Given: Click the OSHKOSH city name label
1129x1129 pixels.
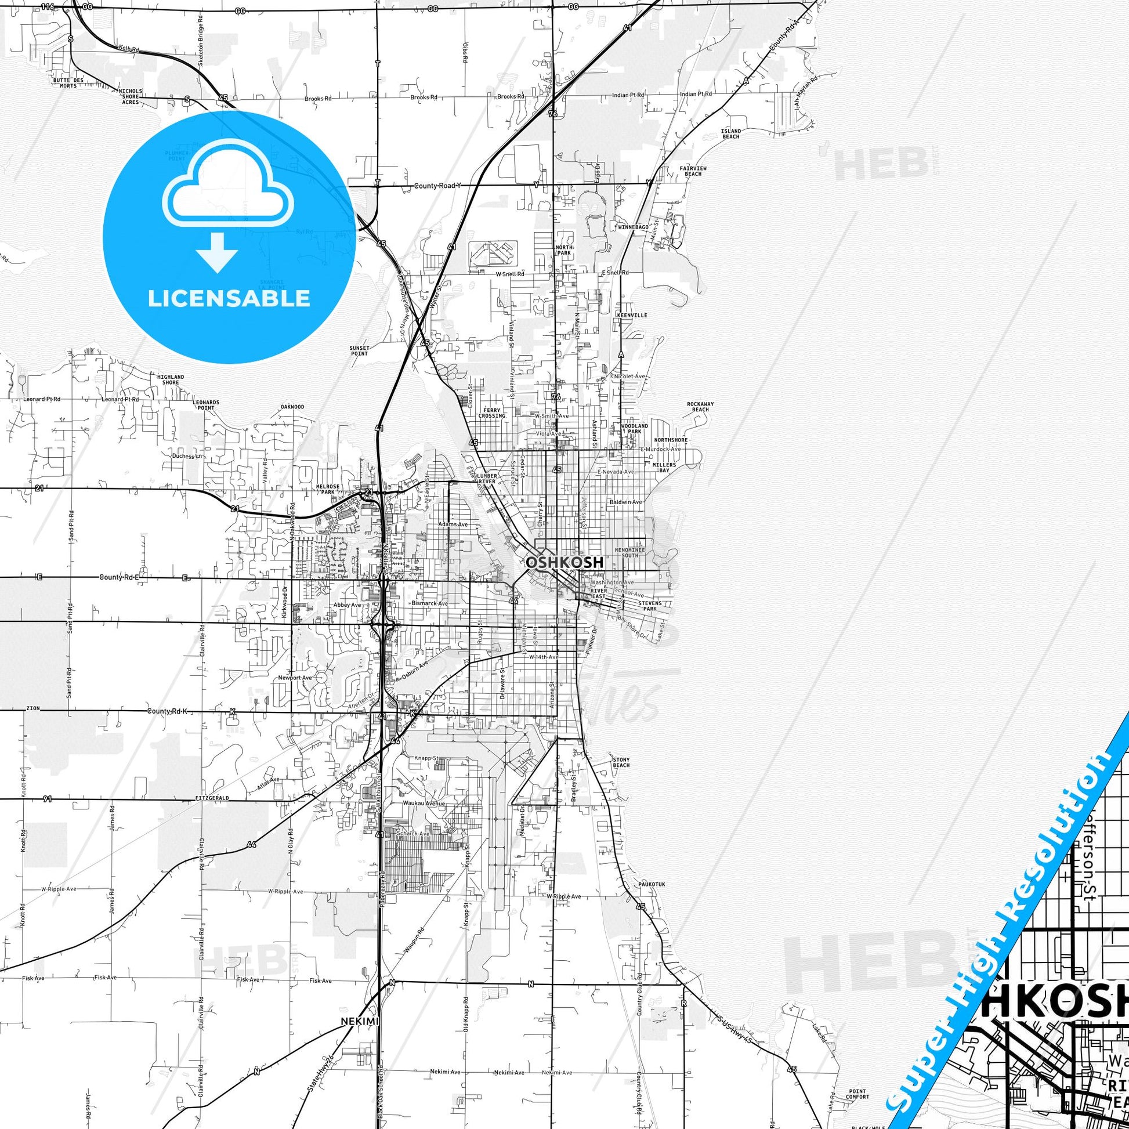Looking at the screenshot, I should click(x=556, y=562).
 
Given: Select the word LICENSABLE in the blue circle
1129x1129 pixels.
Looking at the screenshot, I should click(x=229, y=299).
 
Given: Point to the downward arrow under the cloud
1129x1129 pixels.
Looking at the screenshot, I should click(x=217, y=252).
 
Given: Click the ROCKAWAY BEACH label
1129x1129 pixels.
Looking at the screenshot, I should click(x=700, y=407).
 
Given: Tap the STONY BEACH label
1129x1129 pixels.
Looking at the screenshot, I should click(x=621, y=762).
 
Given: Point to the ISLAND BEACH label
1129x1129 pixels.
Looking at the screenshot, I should click(x=730, y=134).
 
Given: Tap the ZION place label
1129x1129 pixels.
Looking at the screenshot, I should click(x=32, y=708).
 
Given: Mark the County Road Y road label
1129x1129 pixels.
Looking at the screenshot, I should click(x=437, y=185).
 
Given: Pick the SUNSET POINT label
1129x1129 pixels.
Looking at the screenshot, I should click(x=359, y=350).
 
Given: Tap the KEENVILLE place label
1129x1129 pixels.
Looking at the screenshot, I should click(x=632, y=315).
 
